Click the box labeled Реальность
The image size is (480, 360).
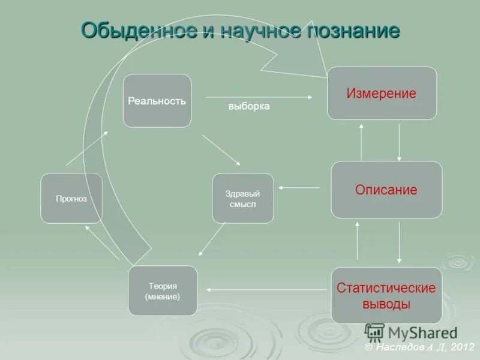(x=157, y=101)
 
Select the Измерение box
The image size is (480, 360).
(x=382, y=93)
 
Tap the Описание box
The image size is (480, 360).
(x=386, y=190)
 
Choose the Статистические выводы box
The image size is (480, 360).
(x=386, y=295)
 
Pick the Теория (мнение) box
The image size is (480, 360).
(x=162, y=290)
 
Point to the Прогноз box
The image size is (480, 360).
(x=71, y=199)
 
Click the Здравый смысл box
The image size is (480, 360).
(x=243, y=199)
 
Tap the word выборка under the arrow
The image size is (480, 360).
(x=249, y=107)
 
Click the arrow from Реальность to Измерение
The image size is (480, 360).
(x=259, y=96)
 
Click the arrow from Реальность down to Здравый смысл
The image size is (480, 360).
(x=221, y=149)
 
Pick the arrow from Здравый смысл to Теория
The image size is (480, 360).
(x=212, y=239)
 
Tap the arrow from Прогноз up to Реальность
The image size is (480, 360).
(x=88, y=148)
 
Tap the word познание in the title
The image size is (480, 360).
(x=354, y=30)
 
